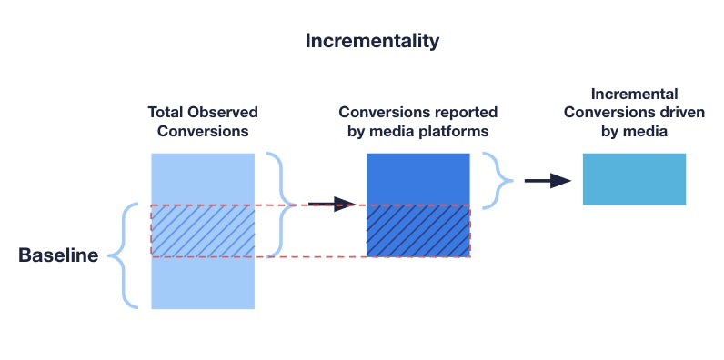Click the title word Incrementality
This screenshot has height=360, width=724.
tap(372, 41)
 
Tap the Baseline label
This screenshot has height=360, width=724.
tap(58, 256)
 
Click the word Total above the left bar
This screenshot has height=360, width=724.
tap(167, 113)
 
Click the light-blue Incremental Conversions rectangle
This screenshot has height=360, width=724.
tap(633, 178)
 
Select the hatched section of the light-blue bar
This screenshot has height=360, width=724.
tap(203, 231)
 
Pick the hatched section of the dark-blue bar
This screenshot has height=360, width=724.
tap(417, 231)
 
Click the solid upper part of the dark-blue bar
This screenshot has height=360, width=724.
tap(417, 178)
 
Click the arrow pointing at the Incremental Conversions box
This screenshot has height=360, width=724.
tap(548, 181)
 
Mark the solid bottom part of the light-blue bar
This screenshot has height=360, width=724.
tap(203, 284)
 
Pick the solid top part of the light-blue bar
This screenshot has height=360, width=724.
tap(203, 178)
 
